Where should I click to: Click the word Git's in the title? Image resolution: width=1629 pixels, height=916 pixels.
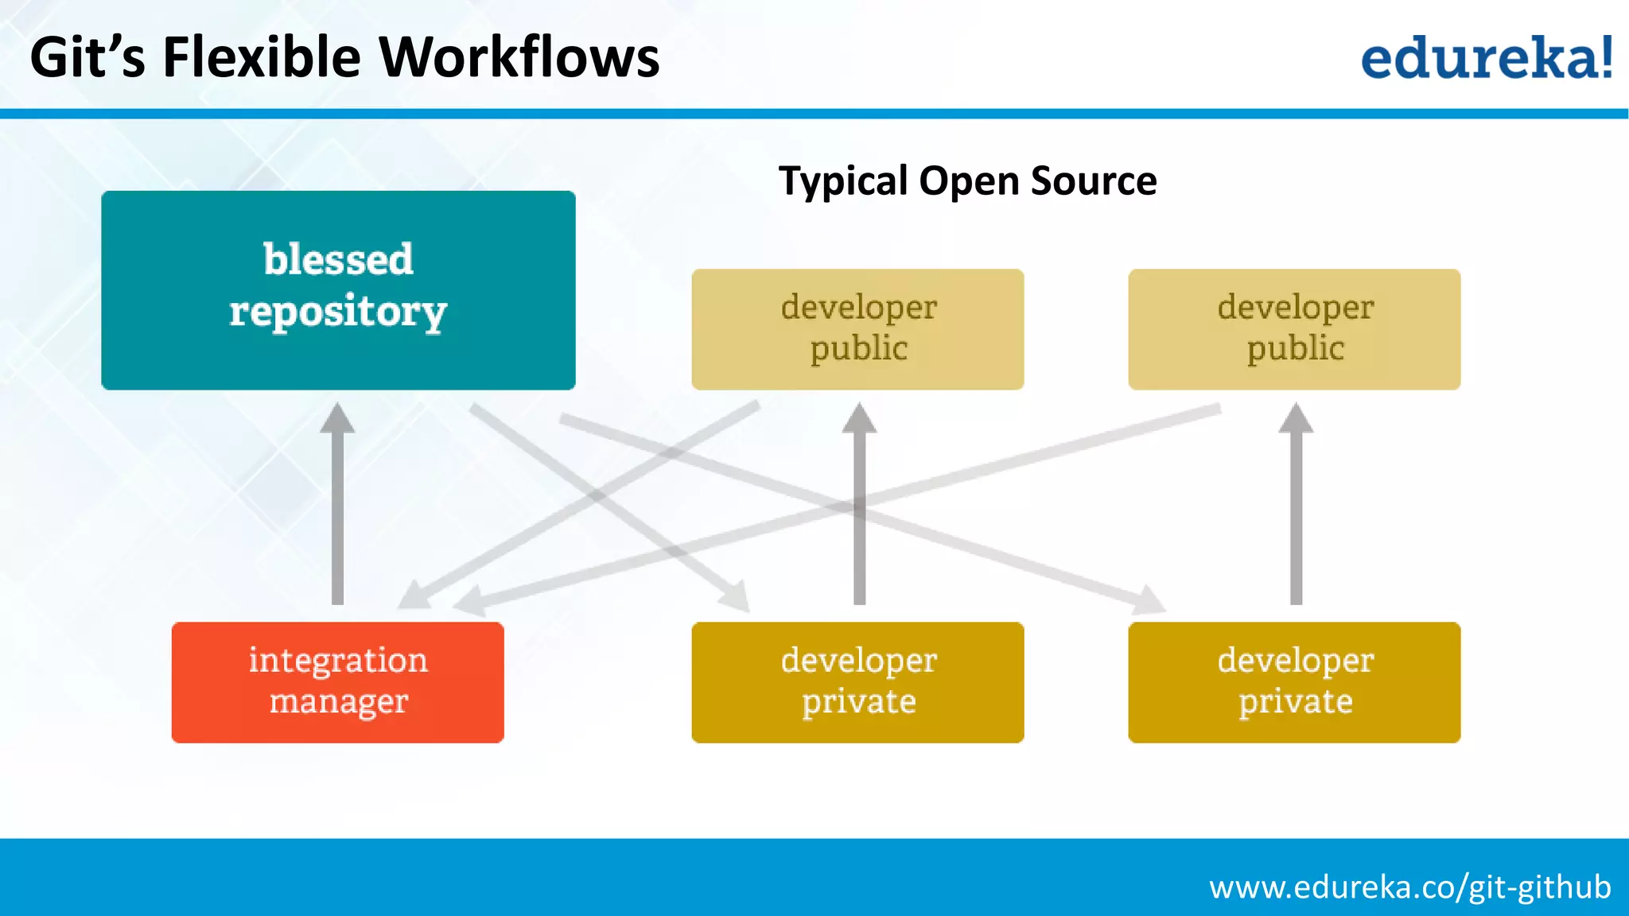point(87,57)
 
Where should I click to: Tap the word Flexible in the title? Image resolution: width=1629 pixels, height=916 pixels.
point(262,57)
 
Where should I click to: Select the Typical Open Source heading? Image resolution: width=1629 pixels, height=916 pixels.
point(967,181)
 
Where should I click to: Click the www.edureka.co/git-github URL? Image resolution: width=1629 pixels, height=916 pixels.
point(1409,887)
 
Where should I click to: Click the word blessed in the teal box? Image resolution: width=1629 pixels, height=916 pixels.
point(338,259)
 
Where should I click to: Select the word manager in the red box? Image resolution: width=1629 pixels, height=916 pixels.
point(338,701)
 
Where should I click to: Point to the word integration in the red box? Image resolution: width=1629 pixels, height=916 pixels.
point(338,660)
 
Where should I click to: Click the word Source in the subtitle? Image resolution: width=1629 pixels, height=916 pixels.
point(1094,181)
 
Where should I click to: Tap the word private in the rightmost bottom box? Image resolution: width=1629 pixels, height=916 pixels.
point(1295,701)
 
